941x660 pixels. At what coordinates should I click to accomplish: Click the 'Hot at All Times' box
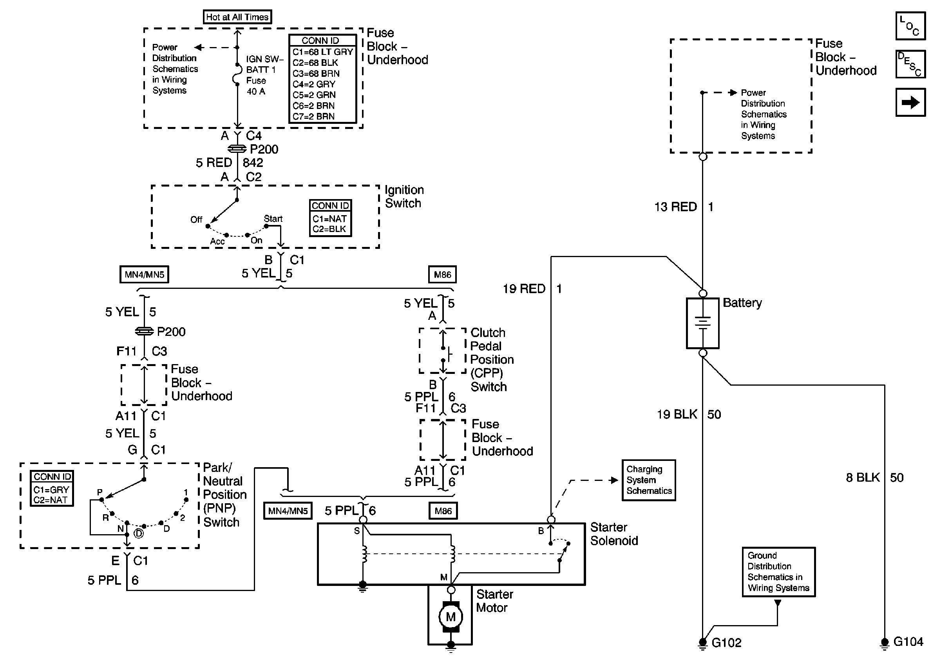point(237,17)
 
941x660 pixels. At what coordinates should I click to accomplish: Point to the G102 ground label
point(726,642)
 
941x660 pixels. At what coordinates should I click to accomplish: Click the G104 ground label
point(908,642)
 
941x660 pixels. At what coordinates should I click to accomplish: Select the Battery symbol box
point(702,323)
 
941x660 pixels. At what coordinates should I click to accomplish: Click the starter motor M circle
point(451,617)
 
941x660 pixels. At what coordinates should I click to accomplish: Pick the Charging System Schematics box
point(649,480)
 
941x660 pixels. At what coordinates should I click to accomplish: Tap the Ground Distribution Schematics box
point(778,571)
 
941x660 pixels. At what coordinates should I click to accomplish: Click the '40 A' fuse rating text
point(256,91)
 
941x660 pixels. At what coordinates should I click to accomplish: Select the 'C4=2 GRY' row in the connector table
point(314,84)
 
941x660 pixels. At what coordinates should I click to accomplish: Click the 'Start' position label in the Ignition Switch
point(273,218)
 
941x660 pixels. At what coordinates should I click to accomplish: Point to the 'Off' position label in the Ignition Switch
point(196,219)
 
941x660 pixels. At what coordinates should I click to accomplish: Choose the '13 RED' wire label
point(675,207)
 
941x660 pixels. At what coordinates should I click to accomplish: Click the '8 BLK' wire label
point(863,478)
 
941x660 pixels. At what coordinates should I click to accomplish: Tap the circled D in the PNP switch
point(139,533)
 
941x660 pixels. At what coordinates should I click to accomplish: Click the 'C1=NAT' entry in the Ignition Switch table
point(329,219)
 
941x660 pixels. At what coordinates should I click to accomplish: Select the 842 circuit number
point(253,163)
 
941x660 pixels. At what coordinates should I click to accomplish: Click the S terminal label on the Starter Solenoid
point(356,531)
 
